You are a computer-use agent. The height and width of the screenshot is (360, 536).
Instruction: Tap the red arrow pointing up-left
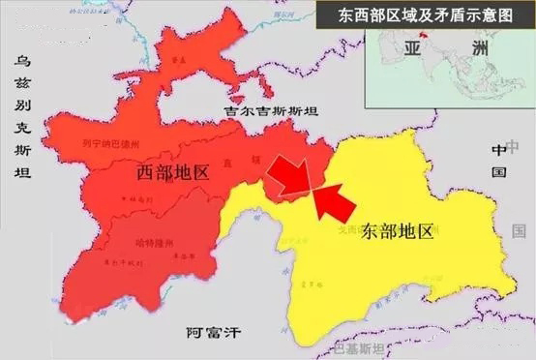click(332, 201)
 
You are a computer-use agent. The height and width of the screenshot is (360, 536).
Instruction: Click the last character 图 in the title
click(520, 16)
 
